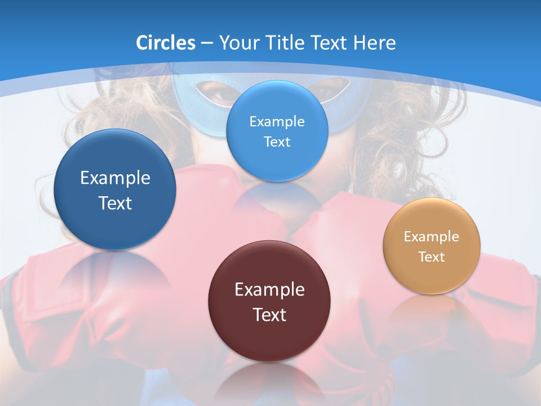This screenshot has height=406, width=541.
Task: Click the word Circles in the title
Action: click(x=166, y=43)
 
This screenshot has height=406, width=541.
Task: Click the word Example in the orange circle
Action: click(x=432, y=237)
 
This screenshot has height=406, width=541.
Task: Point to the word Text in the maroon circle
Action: click(x=270, y=315)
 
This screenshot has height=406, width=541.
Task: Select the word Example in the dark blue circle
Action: click(x=115, y=178)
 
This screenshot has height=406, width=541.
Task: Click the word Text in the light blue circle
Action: click(x=277, y=142)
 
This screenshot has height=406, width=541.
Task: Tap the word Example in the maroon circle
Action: click(x=269, y=290)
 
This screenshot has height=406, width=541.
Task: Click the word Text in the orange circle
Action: click(x=432, y=257)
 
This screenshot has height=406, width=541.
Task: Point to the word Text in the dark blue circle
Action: click(x=115, y=203)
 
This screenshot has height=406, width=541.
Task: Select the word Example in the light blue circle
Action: click(x=277, y=122)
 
